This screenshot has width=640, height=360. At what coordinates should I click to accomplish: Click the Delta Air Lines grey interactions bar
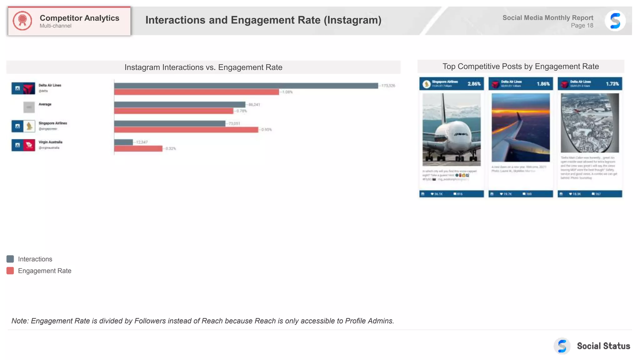coord(246,86)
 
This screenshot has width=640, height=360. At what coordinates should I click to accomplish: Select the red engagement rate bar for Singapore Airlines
coord(186,130)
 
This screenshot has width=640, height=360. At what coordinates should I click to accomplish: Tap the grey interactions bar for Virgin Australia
coord(123,142)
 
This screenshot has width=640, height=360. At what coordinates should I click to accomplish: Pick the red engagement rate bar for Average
coord(173,111)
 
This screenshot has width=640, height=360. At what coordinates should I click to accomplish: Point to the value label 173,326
coord(388,86)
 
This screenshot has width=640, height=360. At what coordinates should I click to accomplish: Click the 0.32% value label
coord(171,149)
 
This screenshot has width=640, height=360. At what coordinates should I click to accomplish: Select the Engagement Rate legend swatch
coord(10,271)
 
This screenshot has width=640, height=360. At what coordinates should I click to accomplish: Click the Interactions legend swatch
coord(10,259)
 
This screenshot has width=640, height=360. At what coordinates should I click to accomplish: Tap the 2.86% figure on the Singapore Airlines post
coord(474,84)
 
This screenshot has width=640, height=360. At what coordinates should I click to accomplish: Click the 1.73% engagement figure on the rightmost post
coord(612,84)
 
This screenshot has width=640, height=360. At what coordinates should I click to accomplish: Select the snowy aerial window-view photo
coord(590,122)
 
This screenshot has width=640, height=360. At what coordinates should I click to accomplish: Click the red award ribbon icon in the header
coord(22,21)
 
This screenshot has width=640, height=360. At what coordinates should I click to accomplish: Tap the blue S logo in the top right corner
coord(615,21)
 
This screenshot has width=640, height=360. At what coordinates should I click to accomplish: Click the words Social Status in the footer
coord(603,346)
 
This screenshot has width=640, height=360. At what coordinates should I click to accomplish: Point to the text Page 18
coord(582,26)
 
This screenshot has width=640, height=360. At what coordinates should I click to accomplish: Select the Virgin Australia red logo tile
coord(29,145)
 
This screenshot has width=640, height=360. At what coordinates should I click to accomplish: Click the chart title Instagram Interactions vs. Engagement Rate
coord(203,67)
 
